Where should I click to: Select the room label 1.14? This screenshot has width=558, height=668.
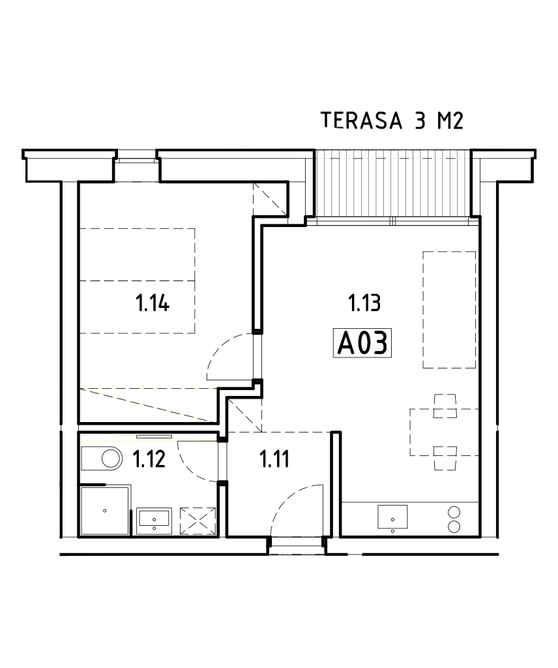pyautogui.click(x=153, y=303)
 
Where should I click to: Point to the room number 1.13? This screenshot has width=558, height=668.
pyautogui.click(x=364, y=303)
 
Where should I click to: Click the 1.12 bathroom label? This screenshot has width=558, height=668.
pyautogui.click(x=150, y=459)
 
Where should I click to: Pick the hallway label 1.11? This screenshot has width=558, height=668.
pyautogui.click(x=274, y=459)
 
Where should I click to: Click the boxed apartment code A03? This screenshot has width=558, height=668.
pyautogui.click(x=363, y=343)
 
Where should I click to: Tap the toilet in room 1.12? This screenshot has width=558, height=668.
pyautogui.click(x=103, y=459)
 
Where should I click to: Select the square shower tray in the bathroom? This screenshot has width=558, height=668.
pyautogui.click(x=104, y=511)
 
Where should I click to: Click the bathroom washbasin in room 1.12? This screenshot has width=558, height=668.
pyautogui.click(x=154, y=519)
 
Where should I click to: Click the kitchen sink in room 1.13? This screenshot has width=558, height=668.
pyautogui.click(x=392, y=517)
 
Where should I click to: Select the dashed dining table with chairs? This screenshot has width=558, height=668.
pyautogui.click(x=445, y=432)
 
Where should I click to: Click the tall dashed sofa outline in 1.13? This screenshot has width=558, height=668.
pyautogui.click(x=449, y=310)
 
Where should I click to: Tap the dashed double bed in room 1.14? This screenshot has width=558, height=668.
pyautogui.click(x=138, y=281)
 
